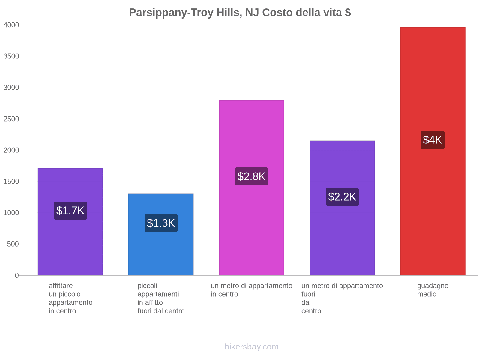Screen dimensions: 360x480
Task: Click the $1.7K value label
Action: [x=70, y=211]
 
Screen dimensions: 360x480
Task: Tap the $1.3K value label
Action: [x=161, y=223]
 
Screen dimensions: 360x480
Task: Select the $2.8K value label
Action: [x=251, y=176]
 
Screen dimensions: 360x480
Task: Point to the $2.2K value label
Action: [x=342, y=197]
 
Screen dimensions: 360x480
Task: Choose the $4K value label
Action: [x=432, y=140]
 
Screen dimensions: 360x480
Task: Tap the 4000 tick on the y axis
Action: [x=11, y=25]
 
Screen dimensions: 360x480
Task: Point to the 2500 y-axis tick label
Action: [x=11, y=119]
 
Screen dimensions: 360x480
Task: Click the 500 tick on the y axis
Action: [x=13, y=244]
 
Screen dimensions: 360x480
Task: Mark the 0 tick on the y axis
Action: [x=17, y=275]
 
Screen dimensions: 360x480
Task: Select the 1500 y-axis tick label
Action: [x=11, y=181]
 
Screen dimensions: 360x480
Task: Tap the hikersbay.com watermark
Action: [x=251, y=347]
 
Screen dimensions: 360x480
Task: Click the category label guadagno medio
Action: [x=433, y=290]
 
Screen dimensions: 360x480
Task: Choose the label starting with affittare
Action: [x=70, y=298]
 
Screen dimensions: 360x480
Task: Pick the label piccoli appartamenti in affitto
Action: [x=161, y=298]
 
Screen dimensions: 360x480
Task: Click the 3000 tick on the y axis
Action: [x=11, y=88]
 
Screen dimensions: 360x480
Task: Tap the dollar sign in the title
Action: [x=348, y=13]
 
